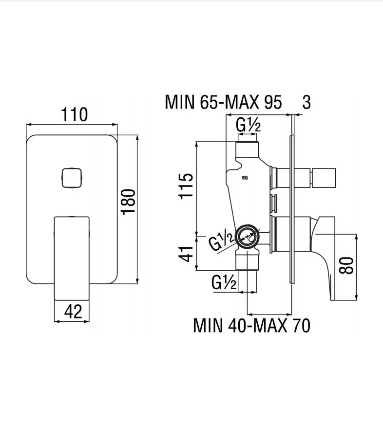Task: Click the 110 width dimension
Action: coord(75,115)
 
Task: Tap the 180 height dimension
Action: coord(128,202)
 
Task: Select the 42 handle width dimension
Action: coord(73,312)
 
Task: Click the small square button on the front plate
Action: coord(72,178)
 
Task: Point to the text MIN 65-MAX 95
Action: coord(223,102)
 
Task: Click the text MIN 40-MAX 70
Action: coord(251,325)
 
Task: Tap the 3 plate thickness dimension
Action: coord(306,102)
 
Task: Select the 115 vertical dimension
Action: coord(186,186)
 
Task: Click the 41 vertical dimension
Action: coord(187,254)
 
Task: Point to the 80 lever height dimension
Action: coord(346,265)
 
